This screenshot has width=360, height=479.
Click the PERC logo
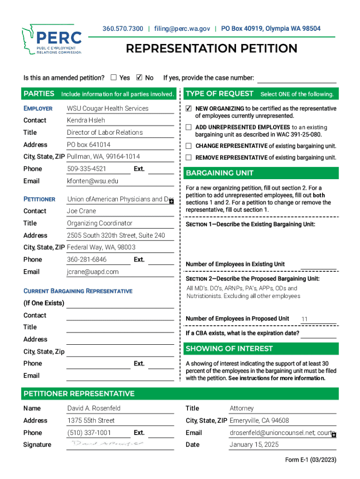[51, 40]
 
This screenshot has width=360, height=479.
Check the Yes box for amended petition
[114, 78]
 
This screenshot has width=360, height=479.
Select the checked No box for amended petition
[139, 78]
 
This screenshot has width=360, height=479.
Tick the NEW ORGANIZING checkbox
[188, 109]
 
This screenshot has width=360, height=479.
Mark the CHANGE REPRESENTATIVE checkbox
[188, 146]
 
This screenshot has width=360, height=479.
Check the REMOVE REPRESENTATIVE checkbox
[188, 158]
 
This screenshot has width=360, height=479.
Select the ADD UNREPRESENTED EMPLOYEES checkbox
[188, 127]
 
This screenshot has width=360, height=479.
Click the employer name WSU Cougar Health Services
[108, 109]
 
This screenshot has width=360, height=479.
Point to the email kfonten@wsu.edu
[93, 181]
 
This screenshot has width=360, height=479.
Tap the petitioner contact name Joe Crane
[81, 211]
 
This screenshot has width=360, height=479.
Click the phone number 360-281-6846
[86, 260]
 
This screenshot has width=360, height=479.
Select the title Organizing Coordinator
[100, 223]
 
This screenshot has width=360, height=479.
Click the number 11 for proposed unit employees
[304, 319]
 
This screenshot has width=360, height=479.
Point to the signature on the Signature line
[108, 443]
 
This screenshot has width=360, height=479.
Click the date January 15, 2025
[254, 445]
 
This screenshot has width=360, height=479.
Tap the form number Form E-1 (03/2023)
[310, 460]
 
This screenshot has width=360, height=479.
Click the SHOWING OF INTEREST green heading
[230, 348]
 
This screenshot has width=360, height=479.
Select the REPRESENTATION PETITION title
[211, 49]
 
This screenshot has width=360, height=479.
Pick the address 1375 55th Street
[91, 421]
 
